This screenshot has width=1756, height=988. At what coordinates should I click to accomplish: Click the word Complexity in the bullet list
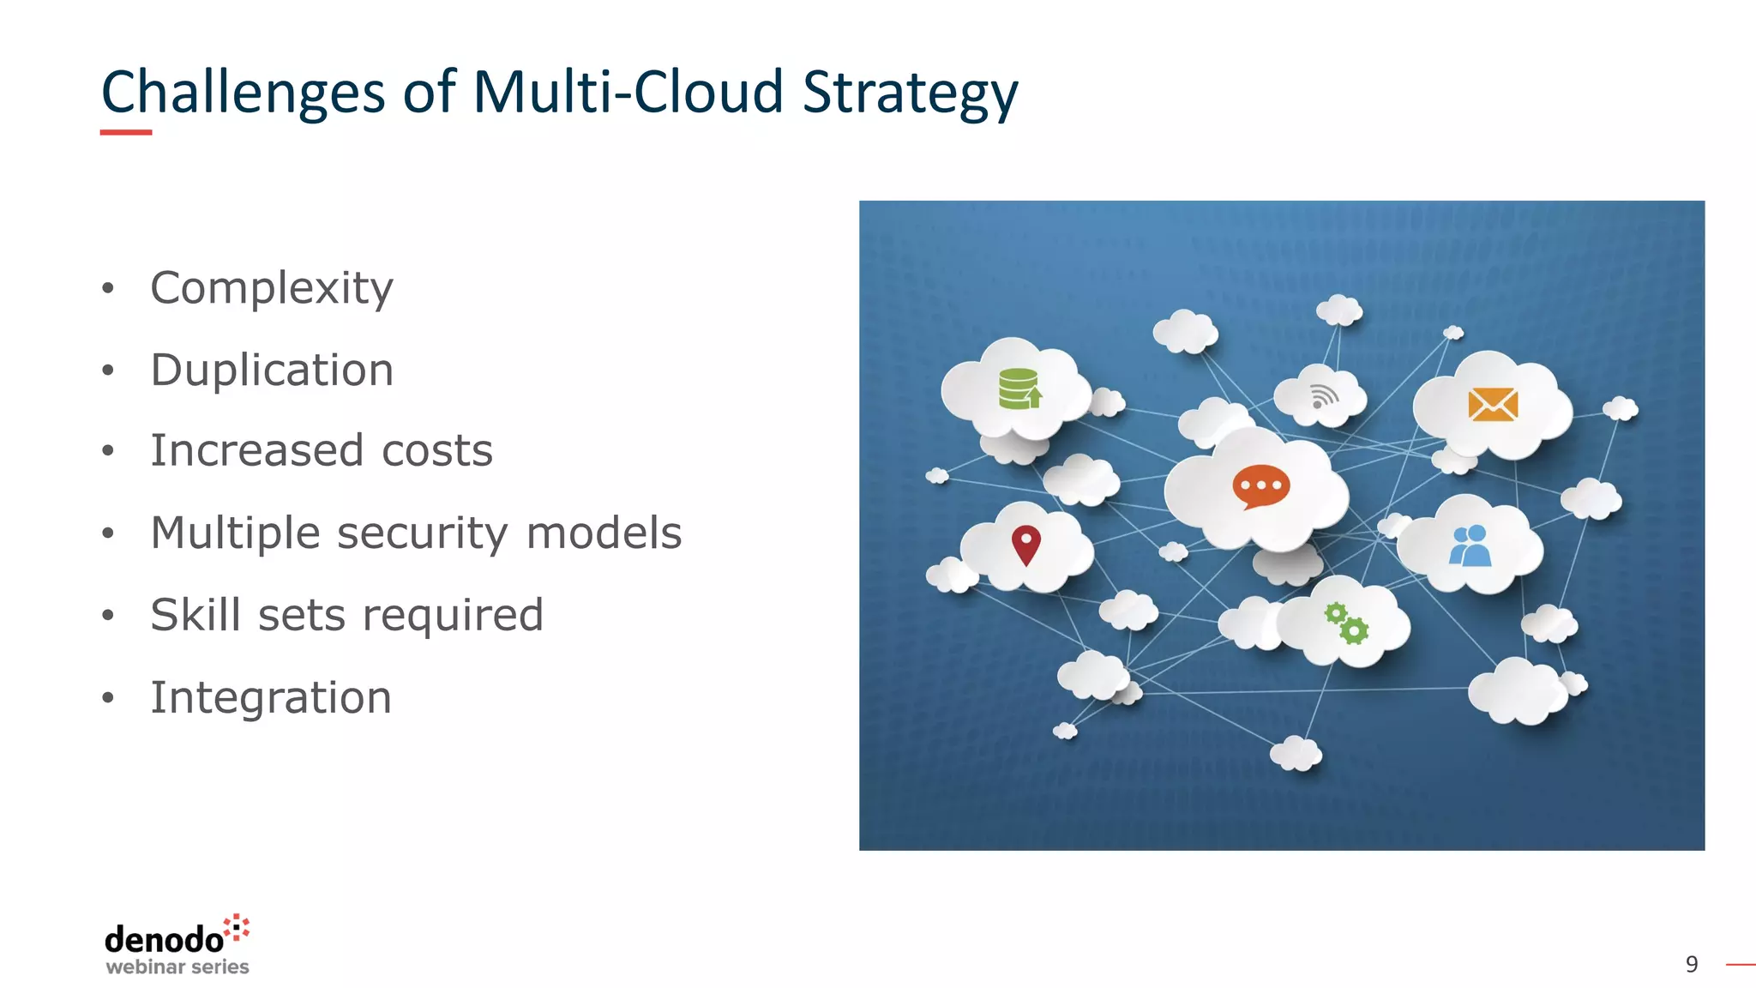[x=272, y=288]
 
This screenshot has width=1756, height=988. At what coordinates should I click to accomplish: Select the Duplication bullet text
[x=272, y=370]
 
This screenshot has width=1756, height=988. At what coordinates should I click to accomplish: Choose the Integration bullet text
[x=271, y=697]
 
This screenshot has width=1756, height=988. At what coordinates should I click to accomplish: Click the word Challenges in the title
[x=243, y=93]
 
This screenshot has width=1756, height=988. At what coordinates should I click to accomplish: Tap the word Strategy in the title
[x=910, y=93]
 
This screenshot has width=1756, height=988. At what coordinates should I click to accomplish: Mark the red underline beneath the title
[x=126, y=132]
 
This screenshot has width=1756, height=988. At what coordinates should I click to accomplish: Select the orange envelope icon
[x=1493, y=404]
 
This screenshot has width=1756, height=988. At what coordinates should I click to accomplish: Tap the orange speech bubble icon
[x=1260, y=486]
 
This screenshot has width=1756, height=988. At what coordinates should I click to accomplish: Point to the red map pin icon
[x=1025, y=545]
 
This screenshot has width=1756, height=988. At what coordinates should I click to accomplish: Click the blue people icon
[x=1470, y=546]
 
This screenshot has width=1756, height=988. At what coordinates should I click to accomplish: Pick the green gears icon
[x=1346, y=624]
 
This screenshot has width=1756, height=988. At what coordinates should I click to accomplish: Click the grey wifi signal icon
[x=1323, y=396]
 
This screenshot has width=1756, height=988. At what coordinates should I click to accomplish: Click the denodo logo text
[x=165, y=940]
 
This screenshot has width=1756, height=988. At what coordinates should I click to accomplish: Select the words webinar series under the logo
[x=177, y=967]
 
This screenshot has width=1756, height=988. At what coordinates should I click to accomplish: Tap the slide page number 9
[x=1691, y=965]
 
